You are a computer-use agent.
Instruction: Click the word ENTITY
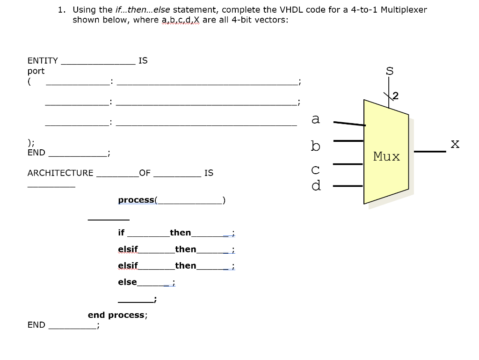[x=43, y=60]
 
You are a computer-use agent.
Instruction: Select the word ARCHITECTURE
[x=60, y=173]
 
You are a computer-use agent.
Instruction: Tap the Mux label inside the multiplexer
[x=386, y=156]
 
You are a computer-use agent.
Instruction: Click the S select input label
[x=389, y=71]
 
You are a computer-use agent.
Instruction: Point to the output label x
[x=455, y=144]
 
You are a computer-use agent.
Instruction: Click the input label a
[x=316, y=119]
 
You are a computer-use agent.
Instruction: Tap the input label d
[x=316, y=185]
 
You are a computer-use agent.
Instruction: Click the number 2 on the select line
[x=396, y=96]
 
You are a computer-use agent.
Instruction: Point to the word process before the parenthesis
[x=136, y=200]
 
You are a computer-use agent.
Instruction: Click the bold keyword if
[x=122, y=233]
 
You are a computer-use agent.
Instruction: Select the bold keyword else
[x=127, y=282]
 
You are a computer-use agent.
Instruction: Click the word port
[x=36, y=71]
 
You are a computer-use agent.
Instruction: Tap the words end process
[x=116, y=315]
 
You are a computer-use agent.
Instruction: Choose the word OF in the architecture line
[x=145, y=173]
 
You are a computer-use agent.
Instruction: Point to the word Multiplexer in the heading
[x=404, y=9]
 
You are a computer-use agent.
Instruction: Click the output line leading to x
[x=430, y=152]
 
